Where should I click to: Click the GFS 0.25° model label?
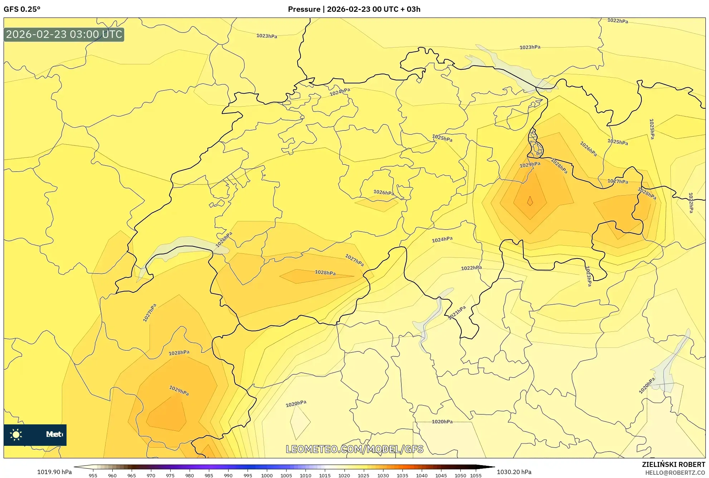[x=22, y=9]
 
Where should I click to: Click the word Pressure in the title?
[x=304, y=9]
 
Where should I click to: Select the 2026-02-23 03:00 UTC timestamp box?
[x=64, y=35]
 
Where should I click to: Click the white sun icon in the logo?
[x=16, y=435]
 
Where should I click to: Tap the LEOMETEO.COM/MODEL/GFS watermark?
[x=354, y=449]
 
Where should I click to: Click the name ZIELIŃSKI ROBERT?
[x=673, y=464]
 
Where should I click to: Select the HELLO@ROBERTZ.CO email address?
[x=675, y=473]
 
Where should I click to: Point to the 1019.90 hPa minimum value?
[x=54, y=472]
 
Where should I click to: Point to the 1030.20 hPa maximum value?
[x=514, y=472]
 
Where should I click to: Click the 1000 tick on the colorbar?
[x=267, y=475]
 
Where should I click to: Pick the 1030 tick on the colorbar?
[x=383, y=475]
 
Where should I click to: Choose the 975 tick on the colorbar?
[x=170, y=475]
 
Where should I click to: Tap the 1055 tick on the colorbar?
[x=476, y=475]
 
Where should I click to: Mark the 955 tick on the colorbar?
[x=93, y=475]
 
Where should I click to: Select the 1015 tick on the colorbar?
[x=325, y=475]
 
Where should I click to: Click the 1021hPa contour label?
[x=457, y=313]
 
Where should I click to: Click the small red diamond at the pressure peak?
[x=530, y=201]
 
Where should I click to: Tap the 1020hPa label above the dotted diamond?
[x=296, y=404]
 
